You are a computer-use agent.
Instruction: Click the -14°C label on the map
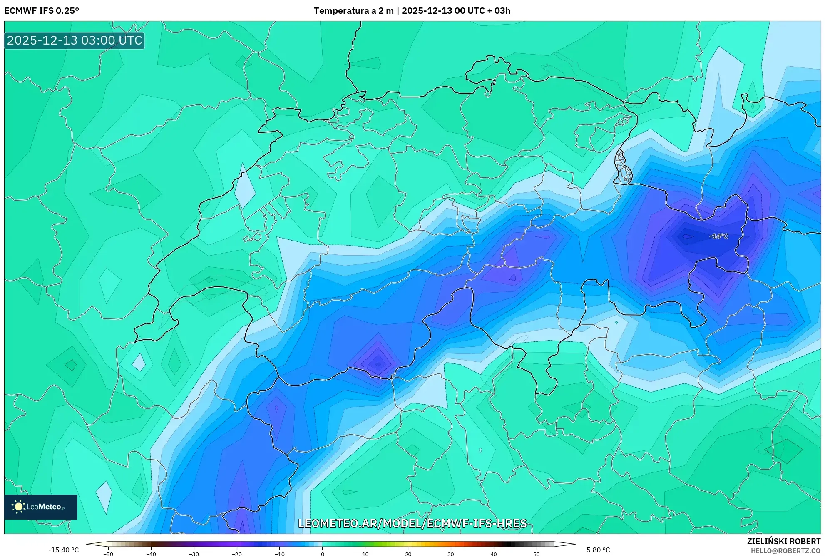719,236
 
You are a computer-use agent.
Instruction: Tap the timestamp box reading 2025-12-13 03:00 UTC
75,40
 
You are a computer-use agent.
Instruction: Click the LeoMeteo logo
41,507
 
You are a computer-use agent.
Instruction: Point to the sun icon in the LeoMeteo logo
18,507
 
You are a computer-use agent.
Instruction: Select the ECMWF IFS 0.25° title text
42,10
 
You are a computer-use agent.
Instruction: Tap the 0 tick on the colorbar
323,554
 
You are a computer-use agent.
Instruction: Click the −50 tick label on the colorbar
108,554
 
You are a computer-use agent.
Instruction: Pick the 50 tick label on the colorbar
537,554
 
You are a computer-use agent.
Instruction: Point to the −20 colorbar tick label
236,554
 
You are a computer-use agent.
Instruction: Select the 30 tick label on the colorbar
451,554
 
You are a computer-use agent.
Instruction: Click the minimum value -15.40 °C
63,550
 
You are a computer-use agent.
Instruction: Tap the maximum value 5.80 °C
598,550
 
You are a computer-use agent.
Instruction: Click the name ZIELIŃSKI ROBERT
784,541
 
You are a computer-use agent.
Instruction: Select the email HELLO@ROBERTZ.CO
785,551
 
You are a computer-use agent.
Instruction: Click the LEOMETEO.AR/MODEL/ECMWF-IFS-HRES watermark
412,523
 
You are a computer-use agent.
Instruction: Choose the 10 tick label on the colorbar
365,554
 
